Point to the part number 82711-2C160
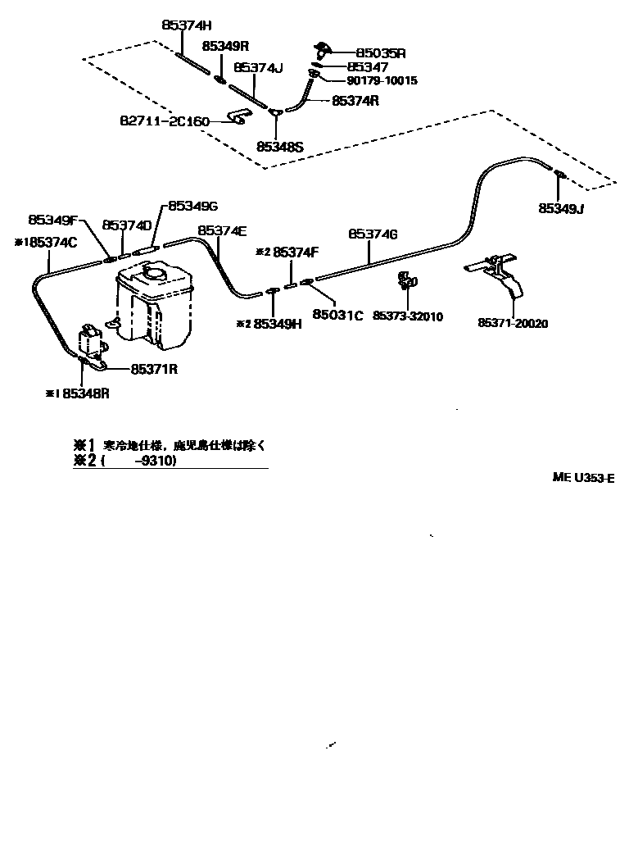coord(165,121)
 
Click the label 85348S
coord(279,147)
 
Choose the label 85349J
coord(561,208)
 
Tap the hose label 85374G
coord(373,234)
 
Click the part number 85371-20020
coord(513,323)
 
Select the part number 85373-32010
coord(408,316)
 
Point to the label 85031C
coord(337,314)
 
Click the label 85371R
coord(154,369)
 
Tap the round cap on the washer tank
coord(153,273)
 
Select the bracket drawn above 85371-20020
coord(499,275)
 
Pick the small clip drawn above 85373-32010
coord(405,280)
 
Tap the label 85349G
coord(192,206)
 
